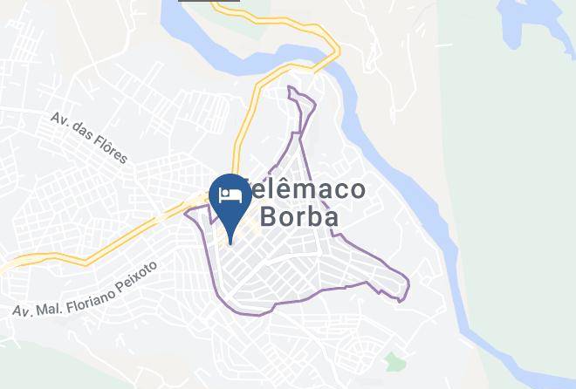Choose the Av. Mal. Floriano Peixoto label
85,288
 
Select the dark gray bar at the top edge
197,2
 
